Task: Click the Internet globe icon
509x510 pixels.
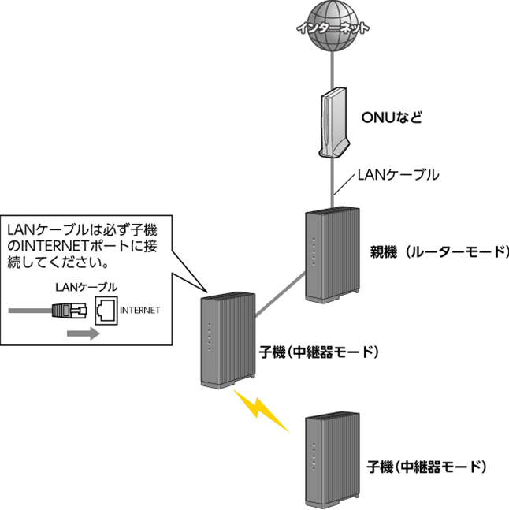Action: click(x=333, y=26)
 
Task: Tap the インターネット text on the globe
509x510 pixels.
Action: click(x=333, y=27)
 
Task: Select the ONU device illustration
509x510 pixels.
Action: click(x=333, y=122)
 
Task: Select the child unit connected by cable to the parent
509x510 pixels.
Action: click(x=227, y=339)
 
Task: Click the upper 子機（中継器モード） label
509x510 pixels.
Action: click(x=318, y=351)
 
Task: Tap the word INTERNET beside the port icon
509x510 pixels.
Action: click(x=140, y=311)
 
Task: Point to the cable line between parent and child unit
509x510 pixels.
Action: click(x=280, y=289)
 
